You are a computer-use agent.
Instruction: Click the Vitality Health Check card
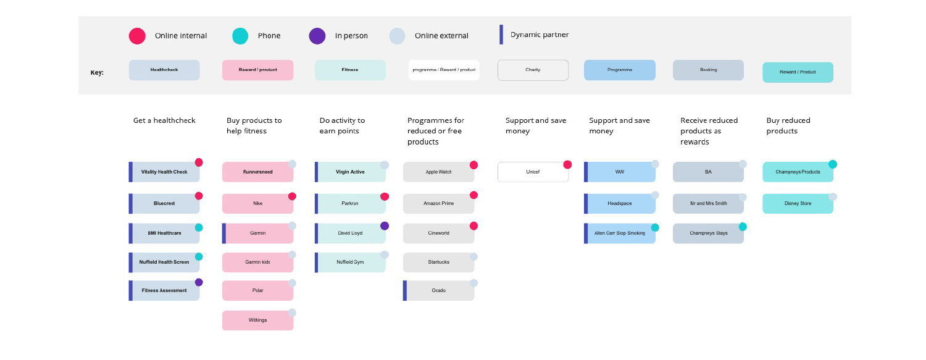coord(164,172)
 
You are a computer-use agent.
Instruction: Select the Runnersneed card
coord(257,172)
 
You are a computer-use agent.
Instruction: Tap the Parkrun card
coord(350,203)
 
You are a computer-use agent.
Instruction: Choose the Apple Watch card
coord(438,172)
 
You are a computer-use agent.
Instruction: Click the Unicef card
coord(533,172)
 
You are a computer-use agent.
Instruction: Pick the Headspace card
coord(620,203)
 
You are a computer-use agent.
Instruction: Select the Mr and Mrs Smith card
coord(708,203)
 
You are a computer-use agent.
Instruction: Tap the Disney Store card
coord(798,203)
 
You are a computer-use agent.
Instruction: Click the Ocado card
coord(438,291)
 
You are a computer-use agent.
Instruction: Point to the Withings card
coord(257,320)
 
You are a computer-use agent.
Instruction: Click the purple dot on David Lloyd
coord(385,226)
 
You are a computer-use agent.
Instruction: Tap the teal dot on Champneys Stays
coord(743,227)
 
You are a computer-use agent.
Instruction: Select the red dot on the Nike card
coord(292,196)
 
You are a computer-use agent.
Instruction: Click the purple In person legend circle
coord(317,36)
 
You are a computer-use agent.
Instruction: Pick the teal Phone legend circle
coord(240,36)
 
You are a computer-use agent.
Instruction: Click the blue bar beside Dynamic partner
coord(501,35)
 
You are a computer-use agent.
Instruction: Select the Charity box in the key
coord(533,70)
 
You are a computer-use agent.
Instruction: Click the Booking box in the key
coord(708,70)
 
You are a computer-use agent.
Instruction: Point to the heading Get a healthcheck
coord(164,120)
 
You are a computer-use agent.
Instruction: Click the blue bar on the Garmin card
coord(224,233)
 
